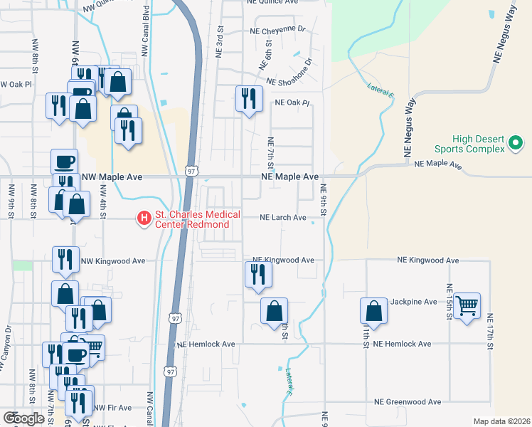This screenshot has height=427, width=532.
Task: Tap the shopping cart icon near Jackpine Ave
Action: point(467,306)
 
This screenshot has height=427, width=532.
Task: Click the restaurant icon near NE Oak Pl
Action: point(248,98)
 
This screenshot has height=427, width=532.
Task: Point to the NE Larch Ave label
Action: point(282,218)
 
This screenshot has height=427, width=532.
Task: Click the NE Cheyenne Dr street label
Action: point(277,31)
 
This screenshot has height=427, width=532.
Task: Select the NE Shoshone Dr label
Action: point(289,82)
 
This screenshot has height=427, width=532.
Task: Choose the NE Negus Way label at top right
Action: point(505,36)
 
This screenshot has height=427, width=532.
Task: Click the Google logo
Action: point(23,418)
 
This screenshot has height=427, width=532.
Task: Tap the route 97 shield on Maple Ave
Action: point(191,171)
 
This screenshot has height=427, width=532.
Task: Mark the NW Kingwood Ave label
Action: point(113,261)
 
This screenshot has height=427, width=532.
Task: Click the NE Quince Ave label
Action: point(273,2)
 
